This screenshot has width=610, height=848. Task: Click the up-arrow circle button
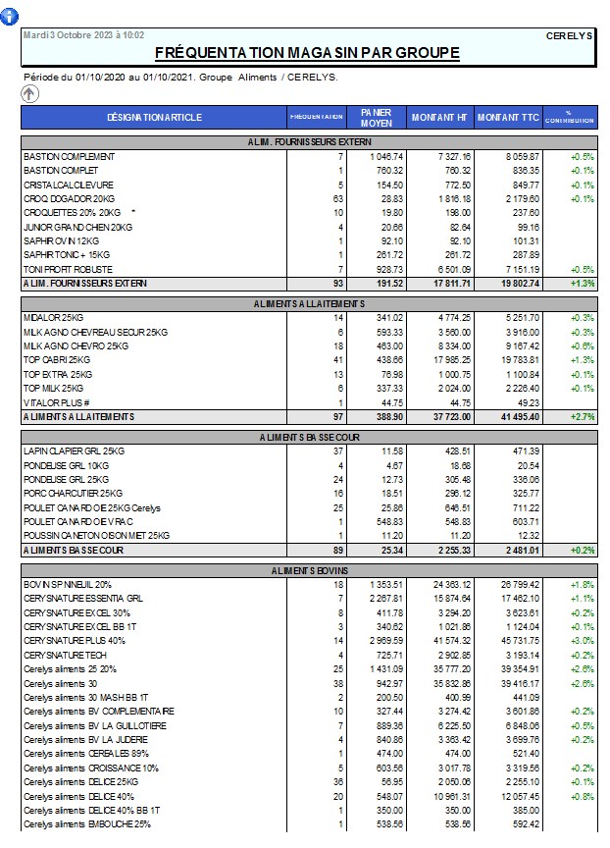pyautogui.click(x=30, y=93)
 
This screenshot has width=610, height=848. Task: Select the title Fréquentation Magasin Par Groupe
pyautogui.click(x=307, y=52)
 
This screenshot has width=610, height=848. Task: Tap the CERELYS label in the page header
pyautogui.click(x=569, y=35)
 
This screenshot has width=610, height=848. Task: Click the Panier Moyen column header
pyautogui.click(x=377, y=117)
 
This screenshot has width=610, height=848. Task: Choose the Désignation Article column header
pyautogui.click(x=154, y=118)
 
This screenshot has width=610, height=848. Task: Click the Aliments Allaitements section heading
pyautogui.click(x=308, y=304)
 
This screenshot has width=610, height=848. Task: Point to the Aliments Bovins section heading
pyautogui.click(x=308, y=570)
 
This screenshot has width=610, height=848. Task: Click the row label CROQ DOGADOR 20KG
pyautogui.click(x=70, y=199)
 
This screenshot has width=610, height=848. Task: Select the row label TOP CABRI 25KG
pyautogui.click(x=58, y=360)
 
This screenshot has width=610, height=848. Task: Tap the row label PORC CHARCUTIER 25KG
pyautogui.click(x=73, y=493)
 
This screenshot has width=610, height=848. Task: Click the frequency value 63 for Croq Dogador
pyautogui.click(x=338, y=199)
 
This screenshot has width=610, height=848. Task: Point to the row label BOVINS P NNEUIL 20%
pyautogui.click(x=67, y=584)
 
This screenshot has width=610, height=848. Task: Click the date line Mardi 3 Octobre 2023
pyautogui.click(x=85, y=34)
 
